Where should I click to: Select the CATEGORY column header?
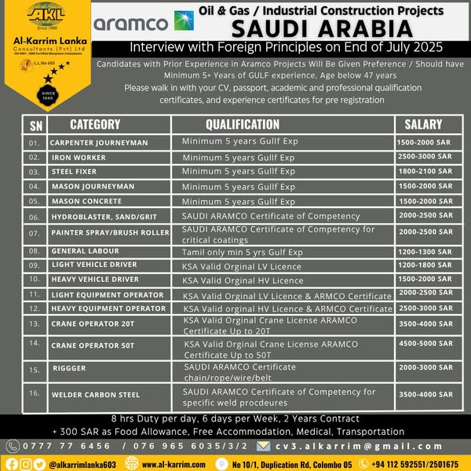click(x=95, y=124)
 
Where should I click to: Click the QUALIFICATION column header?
click(x=242, y=124)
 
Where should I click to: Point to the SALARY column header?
click(x=423, y=124)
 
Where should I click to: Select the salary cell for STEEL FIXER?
click(x=425, y=171)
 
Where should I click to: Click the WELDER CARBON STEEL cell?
click(x=95, y=394)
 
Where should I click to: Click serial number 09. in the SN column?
click(x=35, y=265)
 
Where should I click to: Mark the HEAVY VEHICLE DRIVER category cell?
click(x=94, y=279)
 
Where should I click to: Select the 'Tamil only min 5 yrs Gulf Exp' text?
click(x=242, y=252)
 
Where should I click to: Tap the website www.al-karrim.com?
click(x=173, y=464)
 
